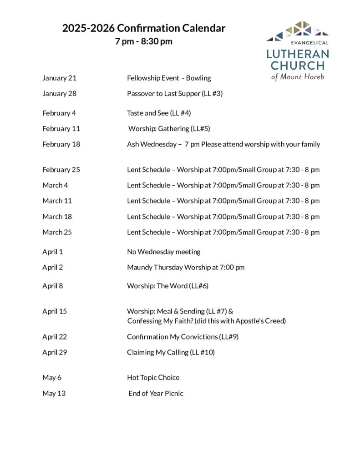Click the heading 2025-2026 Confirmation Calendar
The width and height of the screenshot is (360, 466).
(144, 28)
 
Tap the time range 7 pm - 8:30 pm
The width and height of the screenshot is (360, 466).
(144, 42)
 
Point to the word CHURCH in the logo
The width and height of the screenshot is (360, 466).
(298, 65)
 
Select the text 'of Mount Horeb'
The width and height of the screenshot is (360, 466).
(298, 76)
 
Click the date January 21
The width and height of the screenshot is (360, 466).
(60, 78)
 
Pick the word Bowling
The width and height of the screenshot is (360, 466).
(199, 78)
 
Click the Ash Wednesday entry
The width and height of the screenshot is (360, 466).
(152, 144)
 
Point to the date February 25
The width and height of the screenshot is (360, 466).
(61, 170)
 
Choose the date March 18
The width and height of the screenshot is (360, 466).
(57, 217)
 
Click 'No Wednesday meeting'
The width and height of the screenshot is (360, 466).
(163, 252)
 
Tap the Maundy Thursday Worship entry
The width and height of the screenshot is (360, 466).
(186, 267)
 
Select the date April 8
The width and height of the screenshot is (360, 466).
(53, 286)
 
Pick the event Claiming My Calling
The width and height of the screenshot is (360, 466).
(171, 352)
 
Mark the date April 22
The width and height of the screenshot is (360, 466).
(55, 337)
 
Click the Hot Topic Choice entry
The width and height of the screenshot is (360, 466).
(153, 377)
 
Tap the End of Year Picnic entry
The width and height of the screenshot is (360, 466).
(156, 393)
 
